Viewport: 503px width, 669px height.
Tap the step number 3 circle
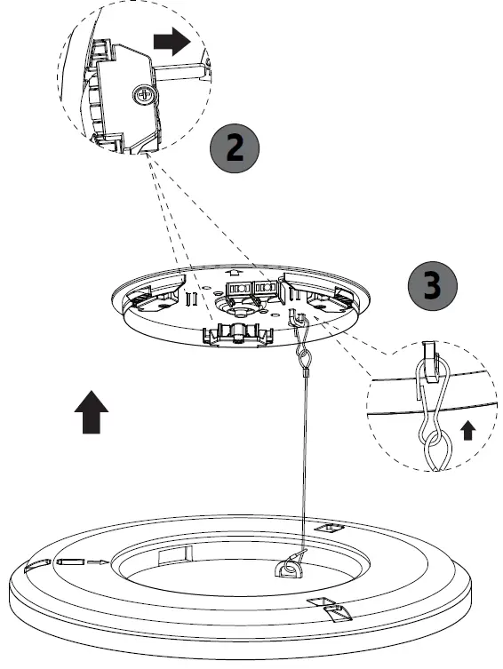click(431, 286)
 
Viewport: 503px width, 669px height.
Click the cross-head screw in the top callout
click(143, 93)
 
